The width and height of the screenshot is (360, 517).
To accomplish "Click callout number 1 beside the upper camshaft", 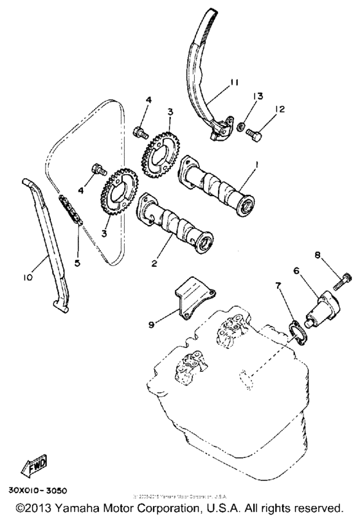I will (257, 165).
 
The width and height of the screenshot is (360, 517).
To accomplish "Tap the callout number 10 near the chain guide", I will (26, 278).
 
